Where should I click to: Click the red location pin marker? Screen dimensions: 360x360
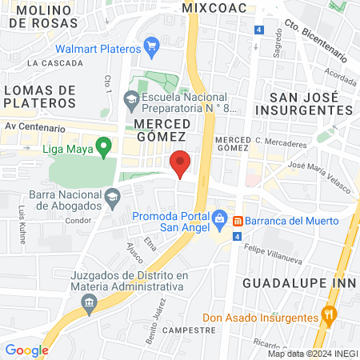click(181, 164)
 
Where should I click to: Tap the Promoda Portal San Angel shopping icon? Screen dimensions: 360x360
click(219, 217)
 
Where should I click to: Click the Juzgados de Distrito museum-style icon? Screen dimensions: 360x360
click(88, 302)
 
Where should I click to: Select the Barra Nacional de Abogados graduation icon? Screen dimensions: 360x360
click(113, 195)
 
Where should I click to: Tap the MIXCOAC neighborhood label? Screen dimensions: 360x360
click(210, 7)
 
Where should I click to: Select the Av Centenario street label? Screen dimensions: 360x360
click(33, 126)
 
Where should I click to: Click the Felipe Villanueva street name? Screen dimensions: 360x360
click(277, 249)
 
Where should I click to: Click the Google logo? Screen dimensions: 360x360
click(26, 350)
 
